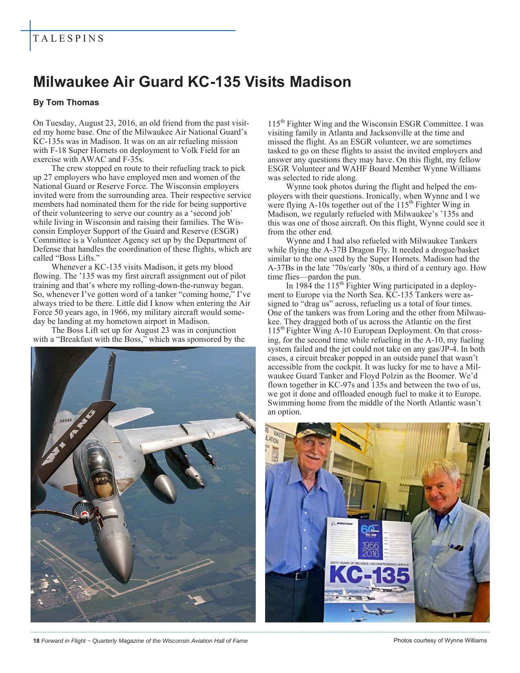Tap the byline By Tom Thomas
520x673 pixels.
[66, 102]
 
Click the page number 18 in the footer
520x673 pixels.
[36, 641]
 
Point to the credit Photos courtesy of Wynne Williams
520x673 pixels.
[440, 640]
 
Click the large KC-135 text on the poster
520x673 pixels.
[369, 576]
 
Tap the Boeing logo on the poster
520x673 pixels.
[343, 523]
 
